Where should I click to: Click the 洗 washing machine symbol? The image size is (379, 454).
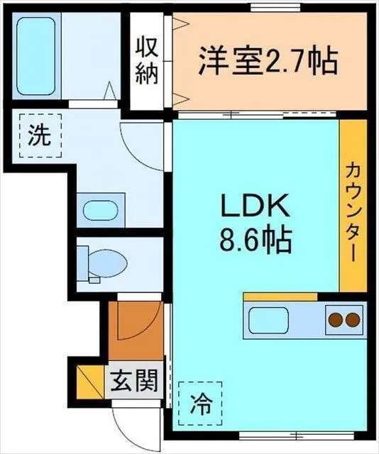(x=40, y=135)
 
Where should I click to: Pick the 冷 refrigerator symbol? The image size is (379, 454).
(x=201, y=404)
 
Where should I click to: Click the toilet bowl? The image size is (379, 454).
(x=109, y=263)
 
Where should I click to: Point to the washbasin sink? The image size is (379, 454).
(x=101, y=210)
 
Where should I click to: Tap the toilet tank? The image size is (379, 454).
(x=83, y=264)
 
